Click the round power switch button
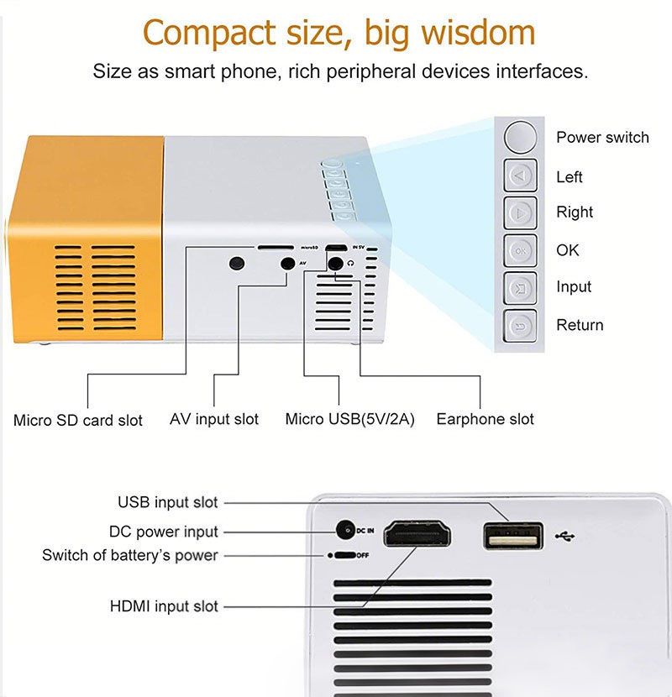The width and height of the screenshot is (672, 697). [520, 137]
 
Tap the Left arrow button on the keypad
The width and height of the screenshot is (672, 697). [520, 176]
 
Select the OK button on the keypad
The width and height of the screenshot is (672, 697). [520, 251]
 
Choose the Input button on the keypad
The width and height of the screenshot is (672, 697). [520, 289]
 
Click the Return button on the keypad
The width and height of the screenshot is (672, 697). [520, 327]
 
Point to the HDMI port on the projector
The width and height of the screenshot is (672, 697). [417, 533]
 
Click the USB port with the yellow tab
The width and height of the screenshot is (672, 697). [513, 536]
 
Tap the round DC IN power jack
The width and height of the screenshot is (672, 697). [345, 530]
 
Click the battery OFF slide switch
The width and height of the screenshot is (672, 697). [344, 555]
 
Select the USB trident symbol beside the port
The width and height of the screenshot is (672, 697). [564, 537]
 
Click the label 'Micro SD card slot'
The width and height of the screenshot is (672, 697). [78, 420]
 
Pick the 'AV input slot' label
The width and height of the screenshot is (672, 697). [214, 419]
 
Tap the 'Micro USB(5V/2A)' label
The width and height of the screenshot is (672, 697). [350, 419]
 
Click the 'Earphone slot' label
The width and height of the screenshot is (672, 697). [486, 419]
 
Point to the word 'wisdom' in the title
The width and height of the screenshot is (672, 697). [478, 33]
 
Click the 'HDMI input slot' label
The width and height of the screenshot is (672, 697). [164, 605]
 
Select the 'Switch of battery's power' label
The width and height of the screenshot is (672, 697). [130, 555]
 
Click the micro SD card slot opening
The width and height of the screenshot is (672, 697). [276, 247]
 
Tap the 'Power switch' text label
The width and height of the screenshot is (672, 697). [602, 138]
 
